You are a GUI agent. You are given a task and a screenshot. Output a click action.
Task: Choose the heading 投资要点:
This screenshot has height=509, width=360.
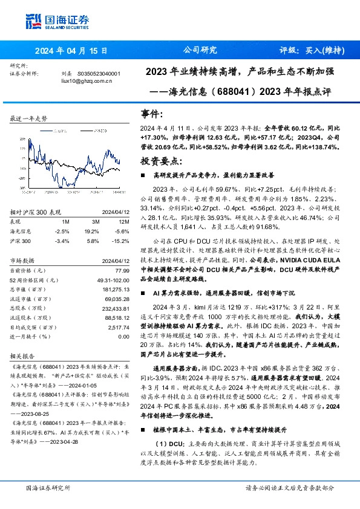point(161,161)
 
